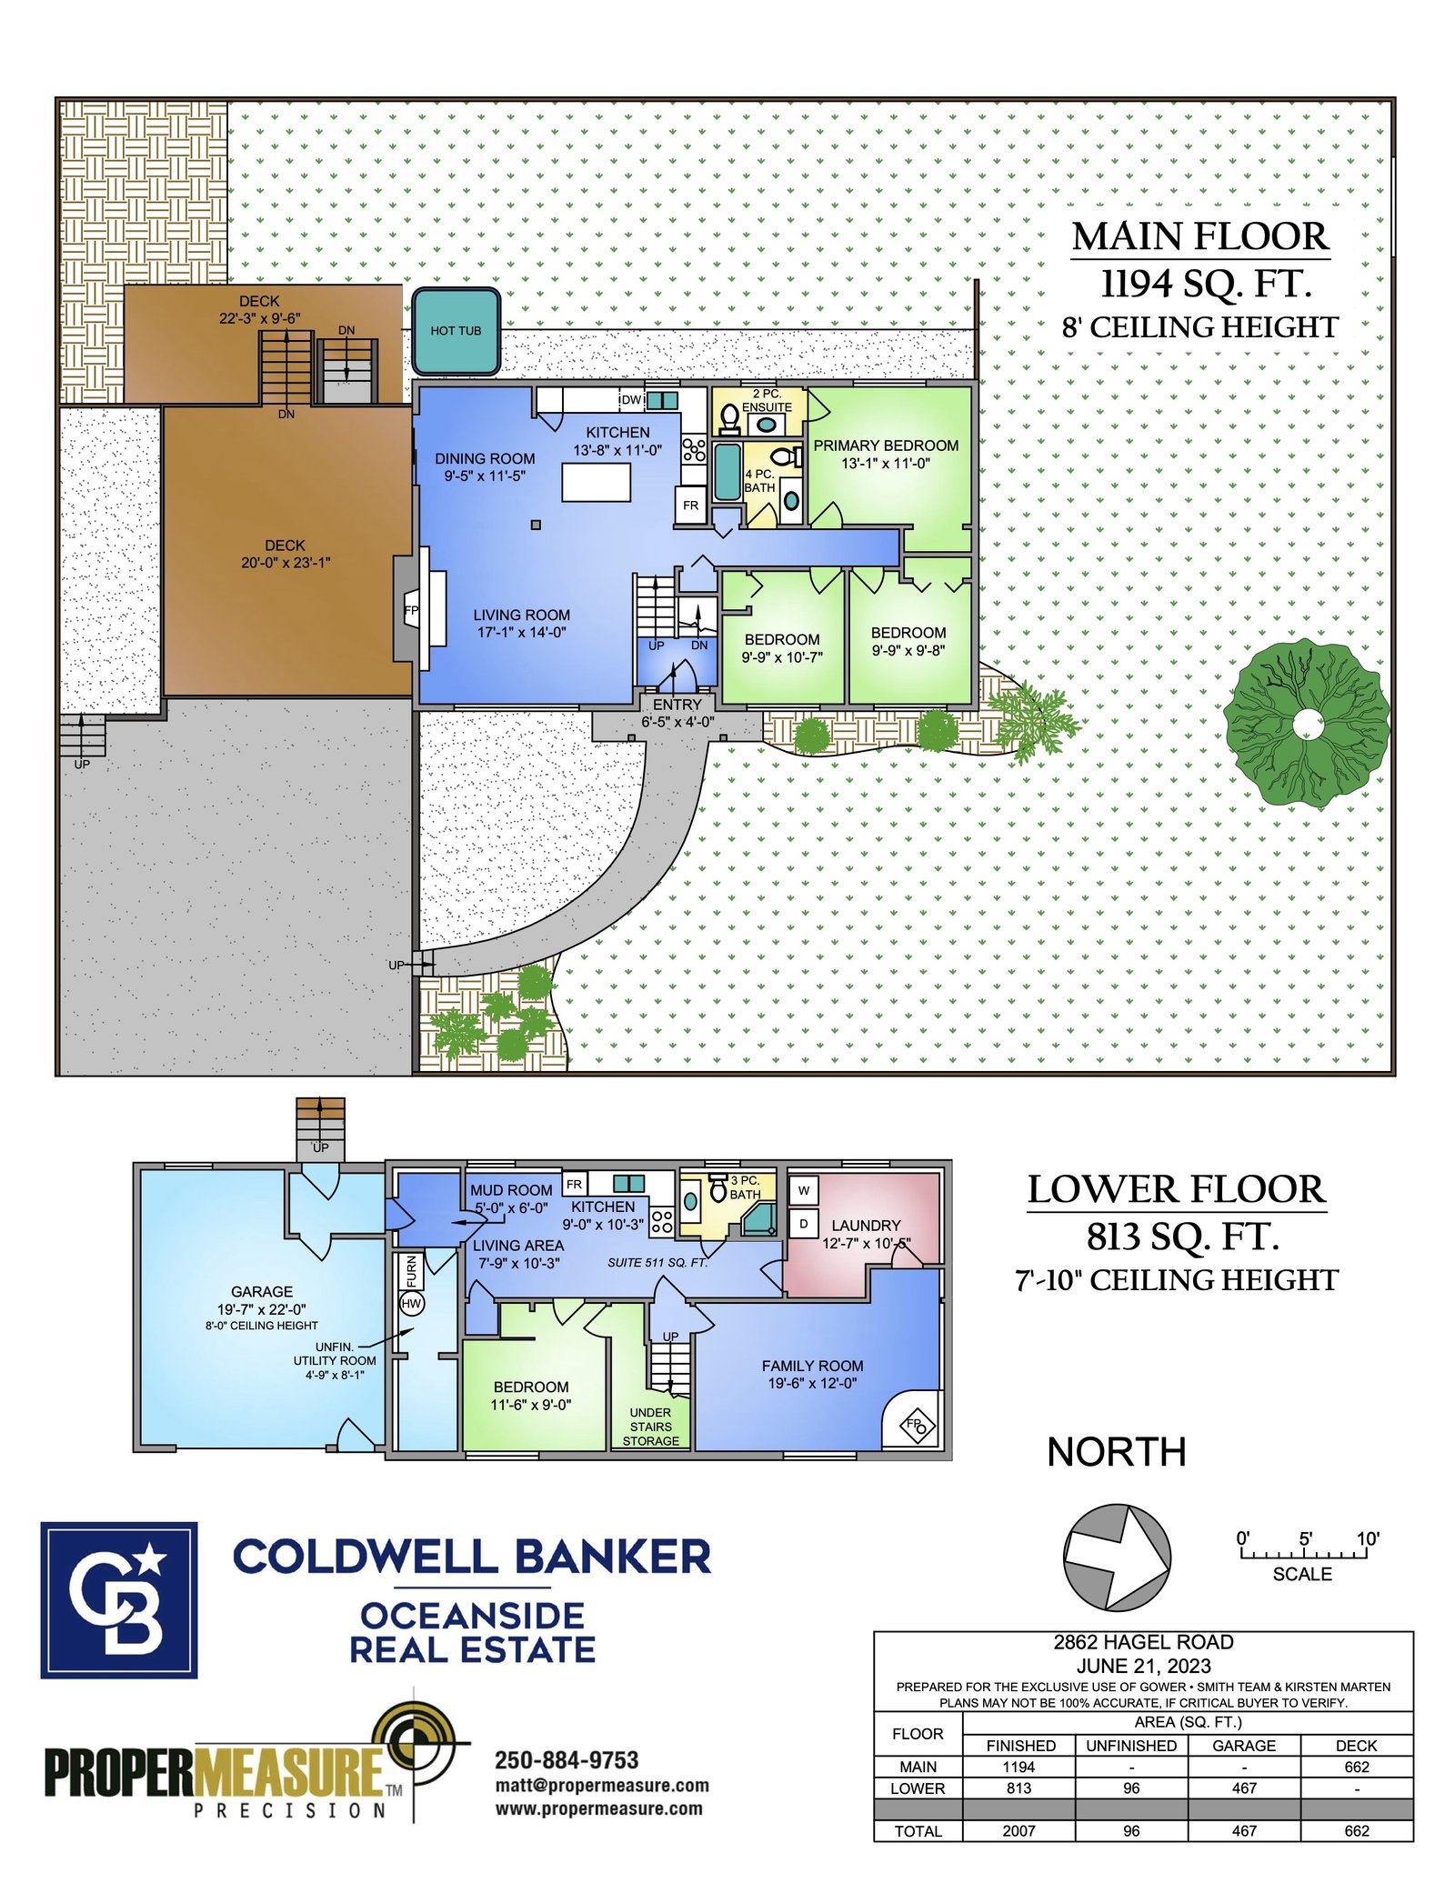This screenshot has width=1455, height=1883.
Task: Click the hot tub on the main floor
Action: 456,331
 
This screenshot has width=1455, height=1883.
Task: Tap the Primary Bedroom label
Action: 886,446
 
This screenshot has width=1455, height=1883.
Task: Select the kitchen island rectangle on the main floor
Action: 597,482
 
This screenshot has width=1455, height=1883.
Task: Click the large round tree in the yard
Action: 1307,725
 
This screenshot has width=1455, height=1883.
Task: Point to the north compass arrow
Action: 1117,1557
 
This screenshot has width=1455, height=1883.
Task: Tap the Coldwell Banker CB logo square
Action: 119,1600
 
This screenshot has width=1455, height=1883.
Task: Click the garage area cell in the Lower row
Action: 1244,1788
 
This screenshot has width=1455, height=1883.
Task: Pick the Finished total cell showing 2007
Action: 1018,1830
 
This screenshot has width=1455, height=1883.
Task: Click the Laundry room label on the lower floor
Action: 866,1226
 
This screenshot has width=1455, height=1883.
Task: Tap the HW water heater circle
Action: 412,1304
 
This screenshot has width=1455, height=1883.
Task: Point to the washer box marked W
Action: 804,1190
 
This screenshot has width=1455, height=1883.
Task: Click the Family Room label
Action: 813,1366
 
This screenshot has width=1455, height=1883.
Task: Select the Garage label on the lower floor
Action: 262,1291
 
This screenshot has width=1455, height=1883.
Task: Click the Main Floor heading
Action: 1200,236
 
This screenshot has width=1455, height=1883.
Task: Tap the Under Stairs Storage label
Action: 651,1427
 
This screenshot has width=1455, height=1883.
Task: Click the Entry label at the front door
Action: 677,705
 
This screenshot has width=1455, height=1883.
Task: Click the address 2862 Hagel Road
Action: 1143,1642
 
